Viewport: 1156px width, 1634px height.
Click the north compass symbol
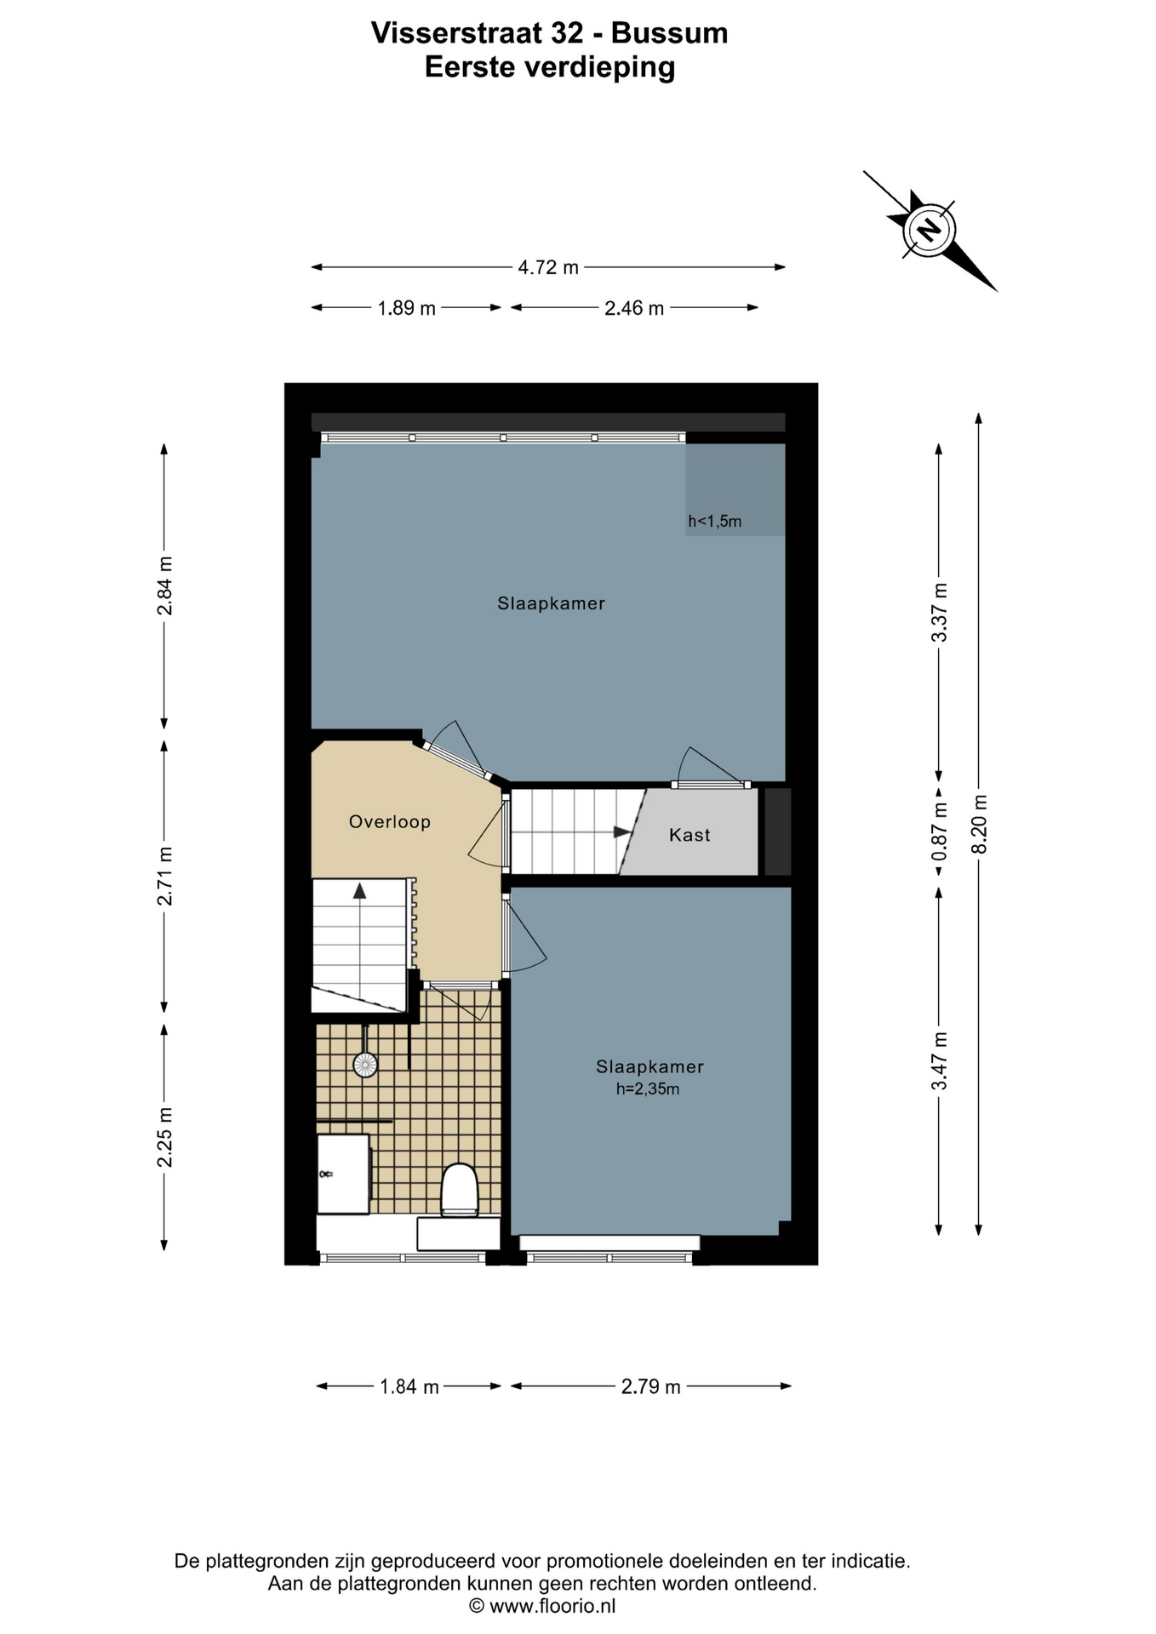pyautogui.click(x=929, y=230)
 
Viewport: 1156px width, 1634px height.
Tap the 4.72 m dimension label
pyautogui.click(x=548, y=267)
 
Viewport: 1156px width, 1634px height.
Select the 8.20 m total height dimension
pyautogui.click(x=979, y=824)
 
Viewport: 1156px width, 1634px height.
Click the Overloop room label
pyautogui.click(x=390, y=822)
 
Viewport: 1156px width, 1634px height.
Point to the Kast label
pyautogui.click(x=690, y=835)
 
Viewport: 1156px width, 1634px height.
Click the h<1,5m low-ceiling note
pyautogui.click(x=715, y=522)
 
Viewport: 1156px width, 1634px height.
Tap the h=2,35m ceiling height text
pyautogui.click(x=648, y=1089)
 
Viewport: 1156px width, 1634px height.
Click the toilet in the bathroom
pyautogui.click(x=460, y=1190)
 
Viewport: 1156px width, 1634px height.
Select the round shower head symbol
pyautogui.click(x=365, y=1065)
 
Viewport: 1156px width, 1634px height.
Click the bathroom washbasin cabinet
pyautogui.click(x=343, y=1174)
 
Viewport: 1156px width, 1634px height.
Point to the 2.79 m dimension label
pyautogui.click(x=651, y=1386)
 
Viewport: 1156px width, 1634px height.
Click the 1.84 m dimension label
pyautogui.click(x=409, y=1386)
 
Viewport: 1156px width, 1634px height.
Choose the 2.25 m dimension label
pyautogui.click(x=165, y=1137)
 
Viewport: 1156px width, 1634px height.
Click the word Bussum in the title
pyautogui.click(x=670, y=33)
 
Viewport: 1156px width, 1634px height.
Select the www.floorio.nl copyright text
pyautogui.click(x=542, y=1606)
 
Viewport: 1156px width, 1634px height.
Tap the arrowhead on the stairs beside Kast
pyautogui.click(x=623, y=831)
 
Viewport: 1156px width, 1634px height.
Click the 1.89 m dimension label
pyautogui.click(x=407, y=308)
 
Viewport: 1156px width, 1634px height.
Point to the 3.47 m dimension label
pyautogui.click(x=940, y=1060)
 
